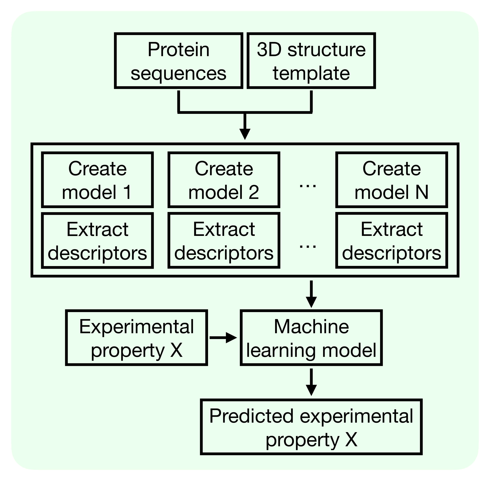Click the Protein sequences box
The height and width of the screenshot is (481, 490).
(178, 61)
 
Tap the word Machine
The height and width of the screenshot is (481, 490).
(311, 327)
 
